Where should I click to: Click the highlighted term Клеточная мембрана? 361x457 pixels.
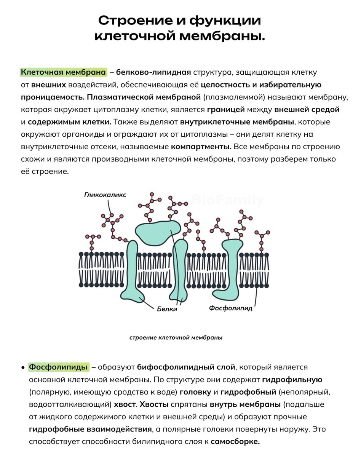pos(63,72)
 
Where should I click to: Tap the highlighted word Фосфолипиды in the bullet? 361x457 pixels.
pos(59,367)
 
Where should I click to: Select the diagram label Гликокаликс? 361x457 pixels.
pos(105,195)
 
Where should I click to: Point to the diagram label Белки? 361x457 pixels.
pos(167,309)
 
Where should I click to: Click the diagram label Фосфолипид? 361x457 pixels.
pos(230,308)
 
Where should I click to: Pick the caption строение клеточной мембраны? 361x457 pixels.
pos(176,337)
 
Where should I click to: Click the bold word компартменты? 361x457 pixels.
pos(201,147)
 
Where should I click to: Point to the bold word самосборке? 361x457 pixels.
pos(235,442)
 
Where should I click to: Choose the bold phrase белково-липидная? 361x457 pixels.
pos(153,72)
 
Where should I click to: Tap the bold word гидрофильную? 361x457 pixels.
pos(292,380)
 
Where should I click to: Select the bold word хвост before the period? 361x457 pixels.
pos(124,404)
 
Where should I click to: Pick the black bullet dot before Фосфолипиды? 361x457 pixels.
pos(23,368)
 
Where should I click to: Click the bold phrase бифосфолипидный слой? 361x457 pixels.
pos(186,367)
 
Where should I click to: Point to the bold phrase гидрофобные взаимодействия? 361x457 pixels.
pos(90,429)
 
